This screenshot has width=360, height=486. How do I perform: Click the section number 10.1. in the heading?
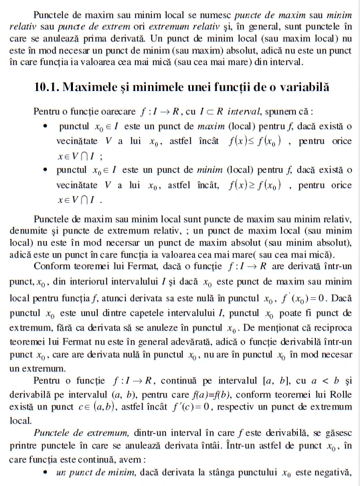pos(52,87)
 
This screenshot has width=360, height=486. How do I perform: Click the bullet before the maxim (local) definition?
pos(44,127)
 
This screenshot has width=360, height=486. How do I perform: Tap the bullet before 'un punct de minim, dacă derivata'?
pos(44,473)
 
